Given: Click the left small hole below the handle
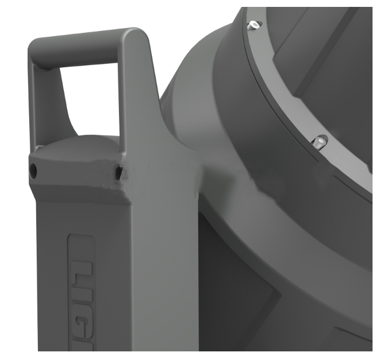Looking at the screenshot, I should (33, 169).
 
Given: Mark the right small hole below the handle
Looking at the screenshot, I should (118, 171).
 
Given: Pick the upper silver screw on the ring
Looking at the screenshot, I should (254, 25).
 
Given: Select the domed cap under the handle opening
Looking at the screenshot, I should (86, 144).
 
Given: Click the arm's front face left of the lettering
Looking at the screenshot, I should (52, 276).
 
